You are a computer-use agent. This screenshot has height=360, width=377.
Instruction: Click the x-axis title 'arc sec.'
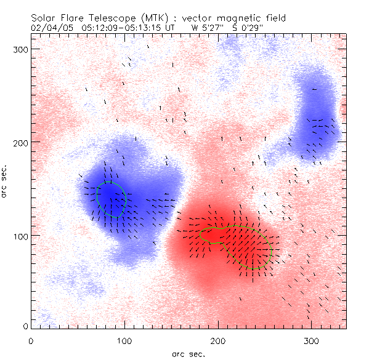click(x=188, y=353)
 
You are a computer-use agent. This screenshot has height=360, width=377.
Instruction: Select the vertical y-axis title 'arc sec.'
click(x=5, y=182)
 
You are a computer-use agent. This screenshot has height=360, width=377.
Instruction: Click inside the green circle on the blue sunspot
click(x=111, y=199)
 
